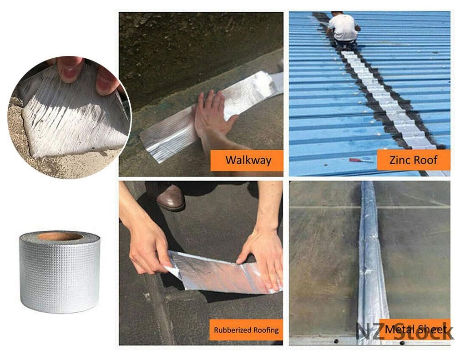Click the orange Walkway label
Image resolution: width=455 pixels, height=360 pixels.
click(x=246, y=160)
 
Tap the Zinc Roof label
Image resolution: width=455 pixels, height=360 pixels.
click(x=414, y=160)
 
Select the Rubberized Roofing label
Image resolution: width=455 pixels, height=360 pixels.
click(x=246, y=330)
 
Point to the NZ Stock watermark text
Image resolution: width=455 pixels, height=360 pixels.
click(x=404, y=331)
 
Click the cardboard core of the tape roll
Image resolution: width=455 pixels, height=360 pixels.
click(x=60, y=236)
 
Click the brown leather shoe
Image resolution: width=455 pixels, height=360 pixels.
click(x=171, y=198)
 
